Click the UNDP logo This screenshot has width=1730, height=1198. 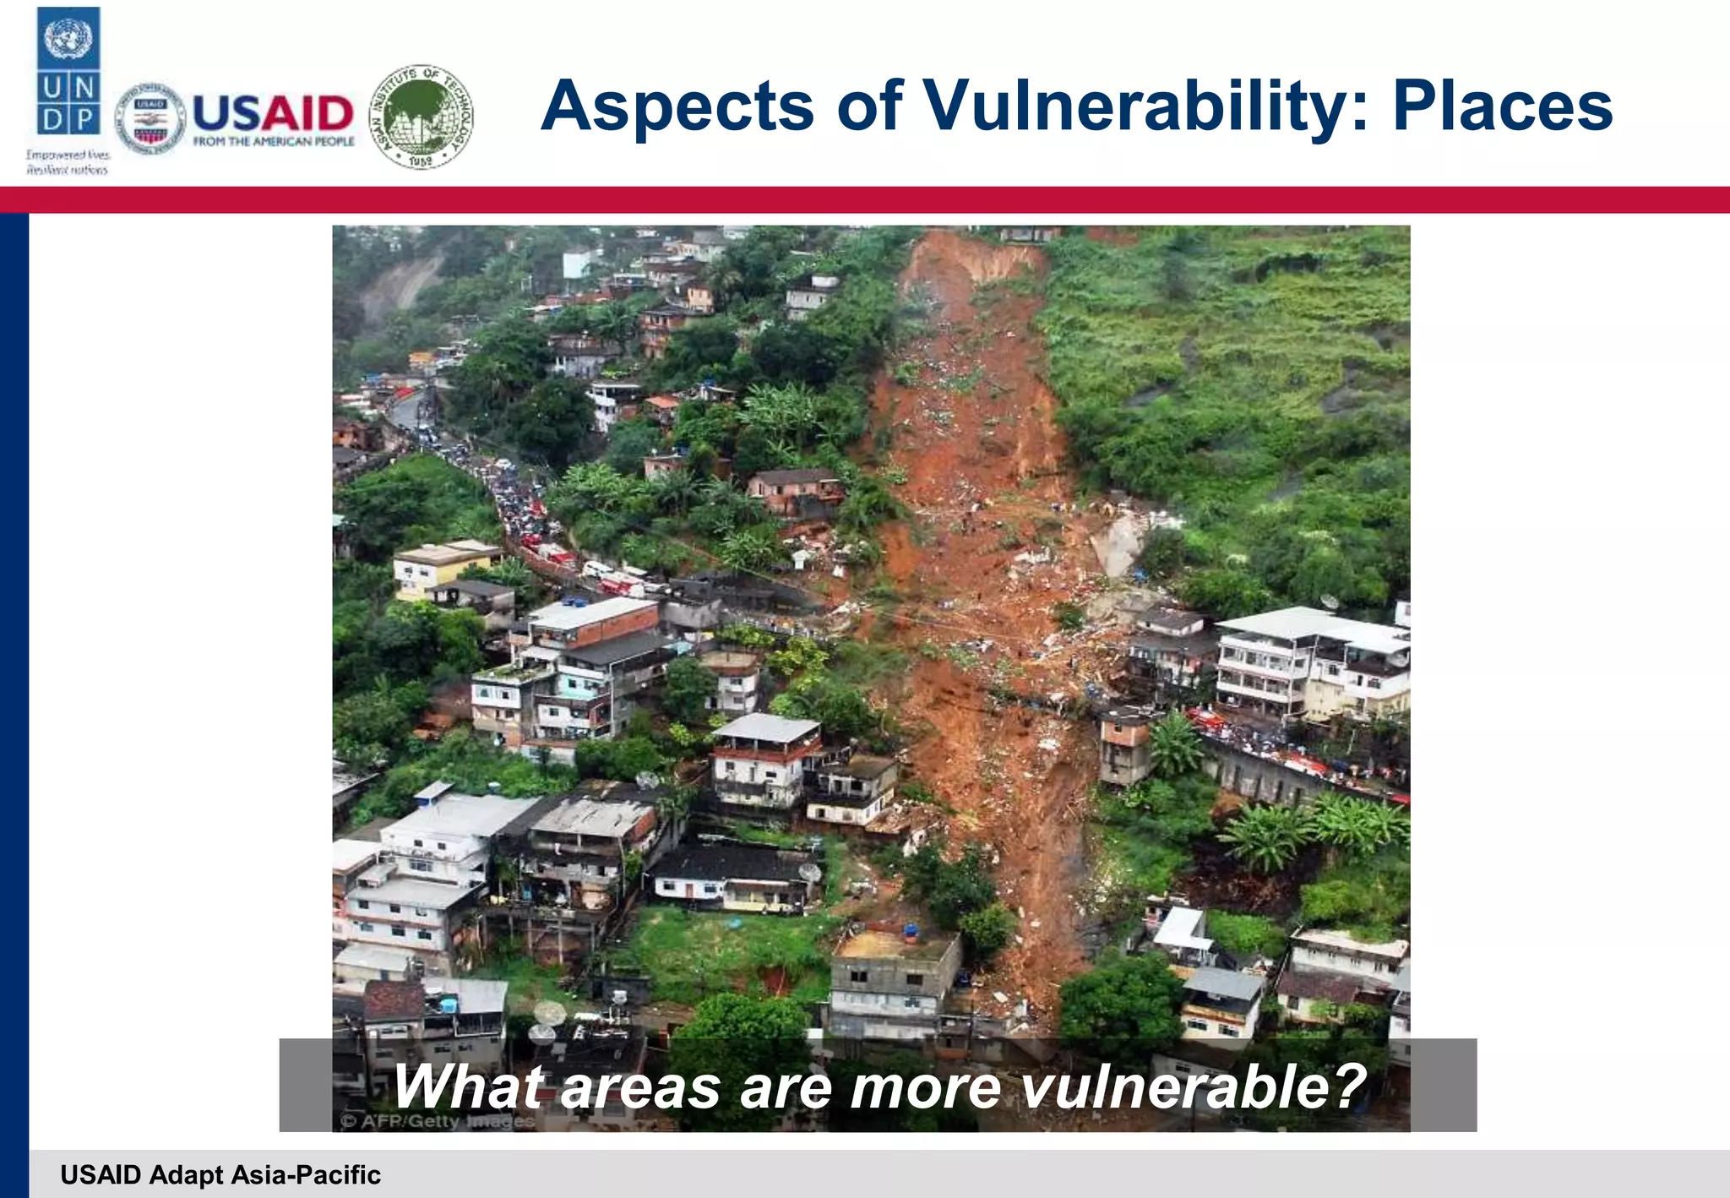pyautogui.click(x=68, y=73)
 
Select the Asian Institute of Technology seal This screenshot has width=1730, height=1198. pyautogui.click(x=422, y=117)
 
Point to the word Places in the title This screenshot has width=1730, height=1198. pyautogui.click(x=1503, y=107)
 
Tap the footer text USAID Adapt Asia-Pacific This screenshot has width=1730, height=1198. pyautogui.click(x=220, y=1175)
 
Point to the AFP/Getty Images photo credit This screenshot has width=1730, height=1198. pyautogui.click(x=438, y=1122)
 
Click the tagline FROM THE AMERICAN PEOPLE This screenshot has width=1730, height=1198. pyautogui.click(x=274, y=142)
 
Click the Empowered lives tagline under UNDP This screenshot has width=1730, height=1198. pyautogui.click(x=68, y=162)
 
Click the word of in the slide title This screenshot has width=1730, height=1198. pyautogui.click(x=870, y=107)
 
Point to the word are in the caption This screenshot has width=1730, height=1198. pyautogui.click(x=785, y=1088)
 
